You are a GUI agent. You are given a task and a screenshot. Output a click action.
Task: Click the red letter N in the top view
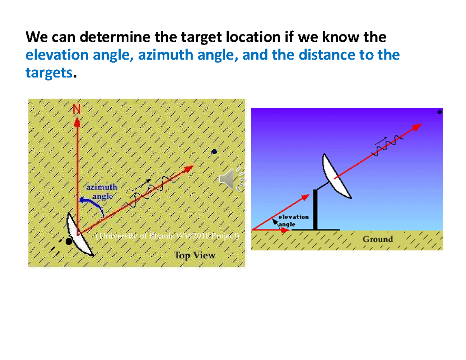(x=77, y=110)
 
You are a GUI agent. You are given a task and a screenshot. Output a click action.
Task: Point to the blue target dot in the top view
(x=214, y=152)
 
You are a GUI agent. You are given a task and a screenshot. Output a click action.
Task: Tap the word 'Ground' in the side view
(x=377, y=239)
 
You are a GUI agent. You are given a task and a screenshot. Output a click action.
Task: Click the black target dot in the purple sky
(x=440, y=112)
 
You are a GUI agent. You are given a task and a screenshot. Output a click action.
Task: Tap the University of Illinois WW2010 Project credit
(x=167, y=236)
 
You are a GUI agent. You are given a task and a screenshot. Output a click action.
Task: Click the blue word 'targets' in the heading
(x=49, y=72)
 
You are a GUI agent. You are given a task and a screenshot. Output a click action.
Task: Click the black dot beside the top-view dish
(x=69, y=242)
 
